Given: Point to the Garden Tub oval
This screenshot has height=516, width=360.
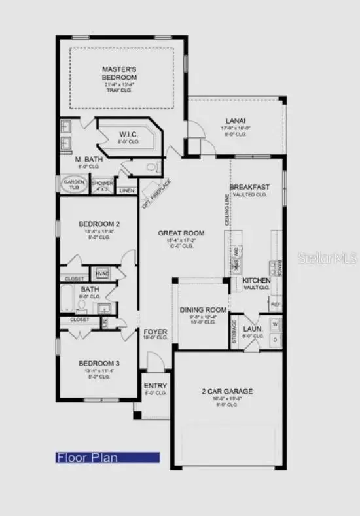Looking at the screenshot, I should click(73, 184).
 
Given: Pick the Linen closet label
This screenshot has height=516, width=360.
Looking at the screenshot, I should click(127, 191).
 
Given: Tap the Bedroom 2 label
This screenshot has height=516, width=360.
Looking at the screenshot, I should click(99, 224).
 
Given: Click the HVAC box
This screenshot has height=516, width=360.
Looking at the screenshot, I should click(103, 273).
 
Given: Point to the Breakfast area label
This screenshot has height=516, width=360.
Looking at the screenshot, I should click(249, 187).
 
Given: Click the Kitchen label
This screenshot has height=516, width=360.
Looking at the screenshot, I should click(257, 280).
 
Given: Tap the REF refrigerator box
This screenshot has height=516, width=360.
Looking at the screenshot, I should click(276, 304).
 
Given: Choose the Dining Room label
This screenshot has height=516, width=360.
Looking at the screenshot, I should click(203, 310).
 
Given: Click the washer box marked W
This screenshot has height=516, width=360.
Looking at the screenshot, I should click(275, 324).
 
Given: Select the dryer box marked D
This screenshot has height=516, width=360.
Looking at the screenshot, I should click(275, 340).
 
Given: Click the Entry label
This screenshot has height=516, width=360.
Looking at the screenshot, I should click(155, 386).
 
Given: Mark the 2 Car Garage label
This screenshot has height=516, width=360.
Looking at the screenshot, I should click(226, 392).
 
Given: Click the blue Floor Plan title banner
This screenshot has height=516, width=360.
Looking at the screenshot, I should click(107, 458).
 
